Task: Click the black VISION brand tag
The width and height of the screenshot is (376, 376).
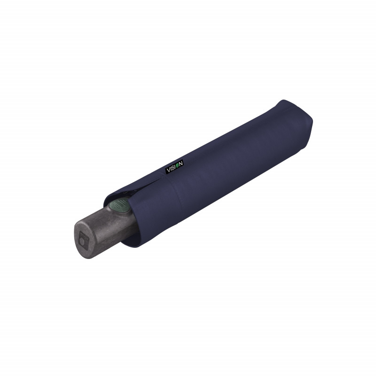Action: (174, 166)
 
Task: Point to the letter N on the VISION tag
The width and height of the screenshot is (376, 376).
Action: (181, 163)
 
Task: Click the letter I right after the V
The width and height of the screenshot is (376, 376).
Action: (171, 168)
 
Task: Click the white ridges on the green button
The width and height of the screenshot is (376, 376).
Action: (119, 204)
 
